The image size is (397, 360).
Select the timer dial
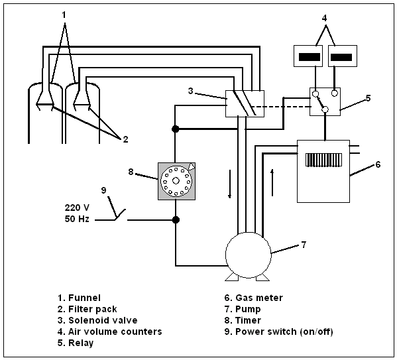click(x=176, y=181)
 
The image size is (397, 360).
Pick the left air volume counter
click(x=308, y=56)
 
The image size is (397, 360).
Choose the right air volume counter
click(x=343, y=56)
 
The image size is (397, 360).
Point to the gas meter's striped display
click(x=324, y=160)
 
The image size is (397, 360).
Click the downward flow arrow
click(x=230, y=184)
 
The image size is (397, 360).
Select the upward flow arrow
click(x=272, y=182)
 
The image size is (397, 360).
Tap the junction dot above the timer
click(x=175, y=129)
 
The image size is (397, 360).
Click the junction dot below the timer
click(x=176, y=219)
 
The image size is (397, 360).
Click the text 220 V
click(x=77, y=208)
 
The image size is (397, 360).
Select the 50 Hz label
click(x=77, y=219)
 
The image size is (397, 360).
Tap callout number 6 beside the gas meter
click(x=378, y=164)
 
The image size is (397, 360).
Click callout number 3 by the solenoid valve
click(x=191, y=91)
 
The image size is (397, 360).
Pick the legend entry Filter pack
click(x=87, y=309)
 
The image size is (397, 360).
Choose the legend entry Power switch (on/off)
click(x=278, y=331)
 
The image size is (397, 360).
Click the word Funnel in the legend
click(x=84, y=298)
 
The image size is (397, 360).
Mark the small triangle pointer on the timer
click(x=192, y=166)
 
